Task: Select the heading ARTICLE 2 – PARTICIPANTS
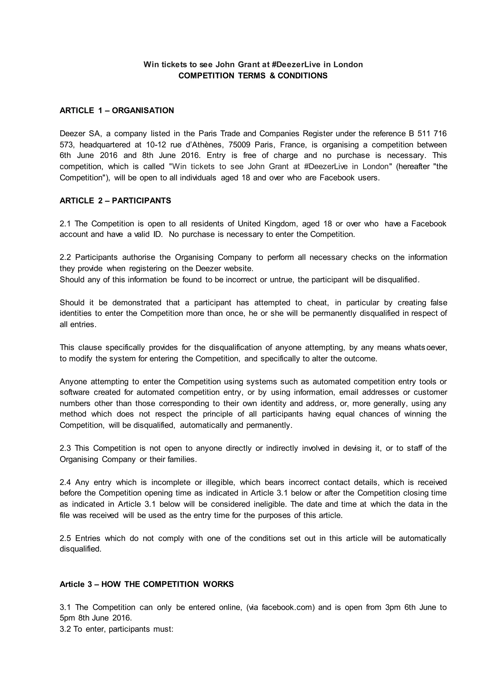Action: point(115,201)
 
